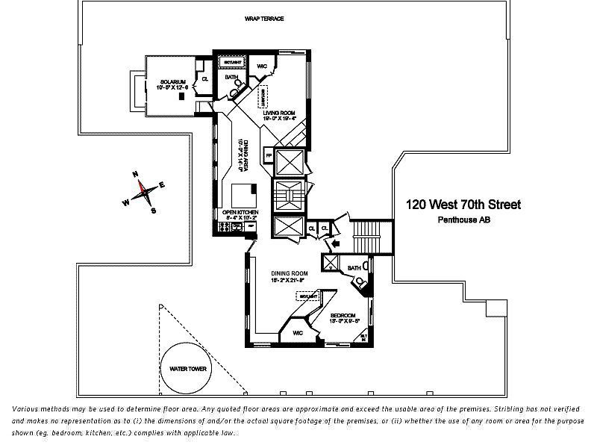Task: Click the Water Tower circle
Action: [187, 369]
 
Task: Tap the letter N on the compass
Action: [136, 174]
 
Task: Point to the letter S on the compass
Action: [154, 211]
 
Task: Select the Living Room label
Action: [278, 115]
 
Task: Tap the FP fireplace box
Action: [268, 156]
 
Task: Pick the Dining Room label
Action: [289, 275]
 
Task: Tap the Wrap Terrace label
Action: [264, 19]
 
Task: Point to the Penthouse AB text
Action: [463, 220]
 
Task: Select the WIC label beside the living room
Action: [262, 66]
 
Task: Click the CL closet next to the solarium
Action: [204, 78]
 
